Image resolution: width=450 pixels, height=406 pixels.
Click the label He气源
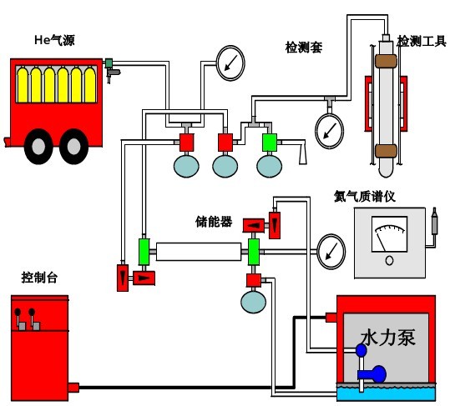coord(54,39)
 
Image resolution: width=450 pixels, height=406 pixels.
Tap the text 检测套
coord(303,48)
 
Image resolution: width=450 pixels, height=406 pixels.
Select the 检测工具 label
coord(421,41)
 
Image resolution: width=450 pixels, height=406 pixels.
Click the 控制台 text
coord(39,278)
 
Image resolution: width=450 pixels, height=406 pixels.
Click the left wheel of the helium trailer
coord(38,146)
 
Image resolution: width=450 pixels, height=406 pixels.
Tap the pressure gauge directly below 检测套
coord(329,128)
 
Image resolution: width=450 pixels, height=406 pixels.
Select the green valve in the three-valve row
coord(269,142)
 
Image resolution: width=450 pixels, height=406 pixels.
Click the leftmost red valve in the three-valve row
coord(186,142)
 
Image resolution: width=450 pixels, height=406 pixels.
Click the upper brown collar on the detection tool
coord(386,61)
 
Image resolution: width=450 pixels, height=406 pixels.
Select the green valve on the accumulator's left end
coord(143,250)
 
